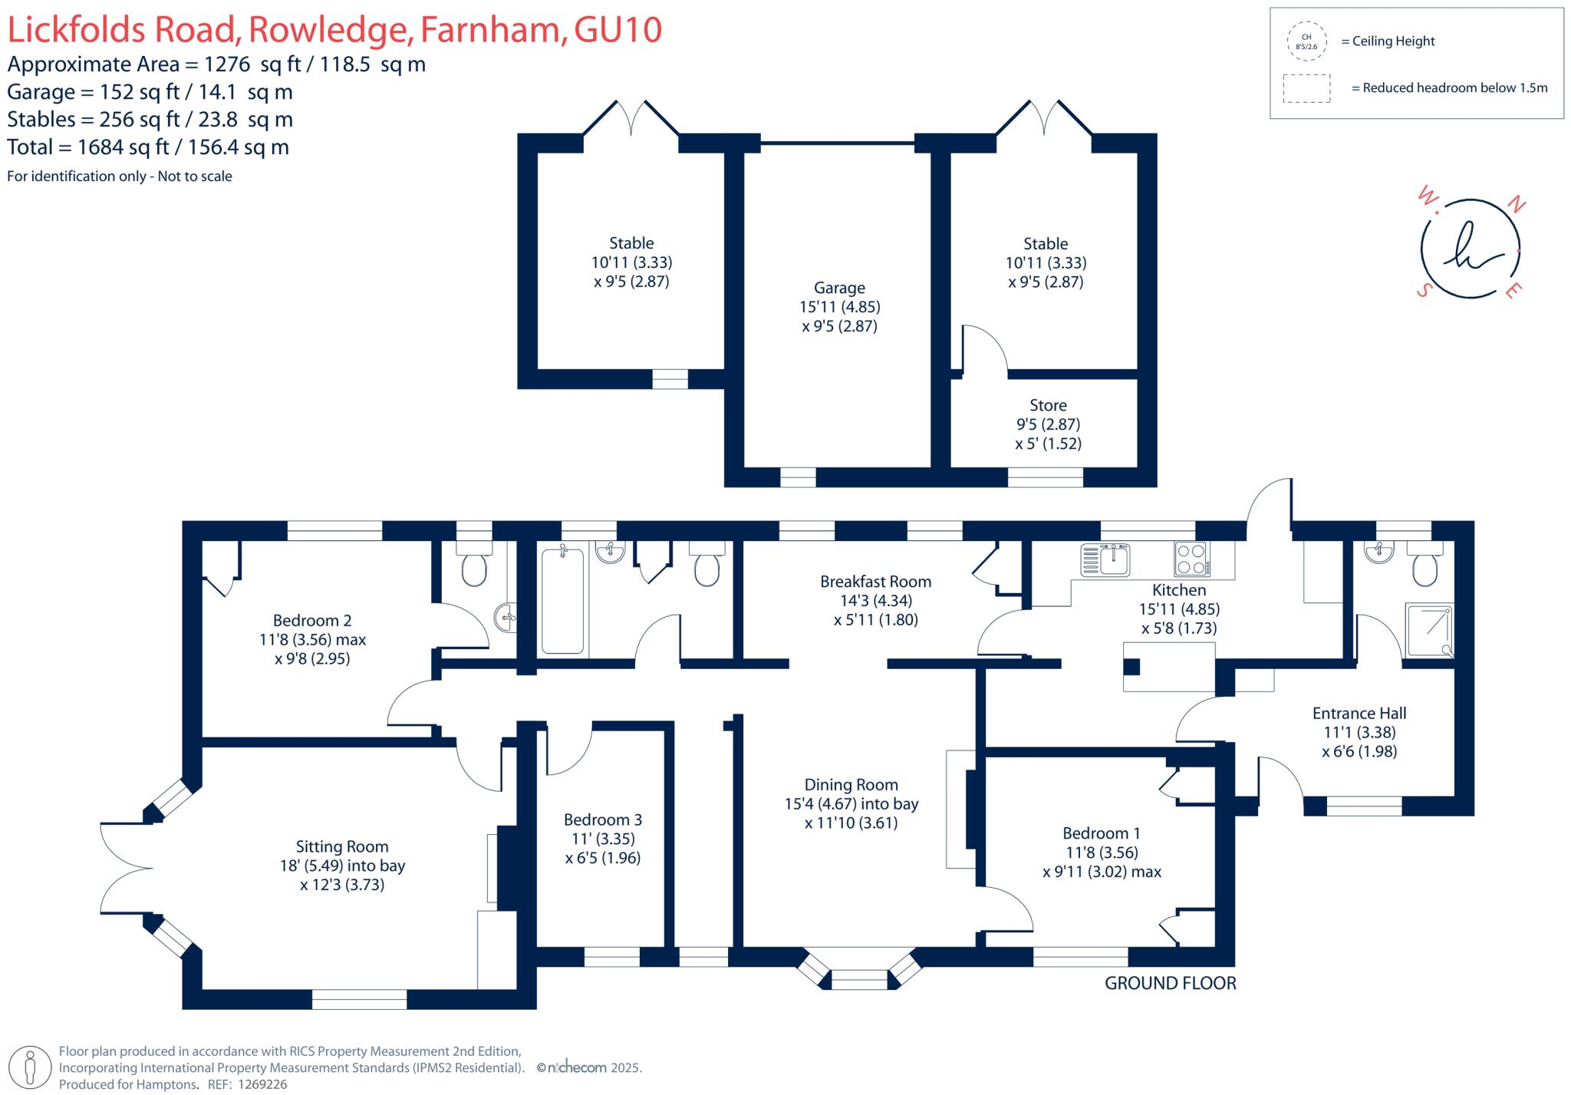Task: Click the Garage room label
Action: coord(839,288)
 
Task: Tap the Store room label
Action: coord(1048,405)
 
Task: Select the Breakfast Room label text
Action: coord(875,582)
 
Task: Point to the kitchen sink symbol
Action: coord(1105,559)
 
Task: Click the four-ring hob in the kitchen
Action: coord(1191,559)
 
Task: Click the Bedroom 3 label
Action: coord(602,820)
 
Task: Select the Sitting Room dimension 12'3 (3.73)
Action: coord(342,885)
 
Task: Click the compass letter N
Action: coord(1517,205)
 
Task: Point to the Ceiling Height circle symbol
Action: coord(1306,41)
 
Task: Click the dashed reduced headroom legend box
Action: coord(1306,88)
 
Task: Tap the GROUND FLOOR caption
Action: coord(1170,983)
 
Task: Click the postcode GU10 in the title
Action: coord(618,31)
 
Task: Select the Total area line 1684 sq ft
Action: coord(148,147)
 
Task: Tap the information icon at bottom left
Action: coord(31,1067)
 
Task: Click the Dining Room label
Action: coord(851,785)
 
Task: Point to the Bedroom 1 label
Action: coord(1101,833)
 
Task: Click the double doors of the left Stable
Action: coord(631,119)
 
